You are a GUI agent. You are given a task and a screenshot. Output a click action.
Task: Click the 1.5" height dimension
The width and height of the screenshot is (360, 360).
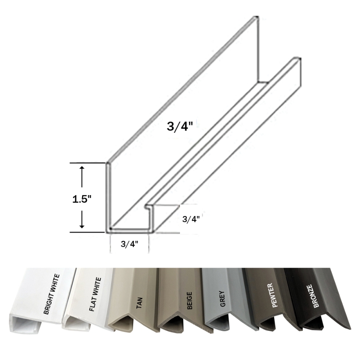pos(82,199)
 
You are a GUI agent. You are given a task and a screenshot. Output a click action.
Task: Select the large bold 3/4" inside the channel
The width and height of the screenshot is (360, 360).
pos(181,127)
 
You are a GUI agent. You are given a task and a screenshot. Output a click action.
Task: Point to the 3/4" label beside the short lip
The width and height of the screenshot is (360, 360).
pos(191,219)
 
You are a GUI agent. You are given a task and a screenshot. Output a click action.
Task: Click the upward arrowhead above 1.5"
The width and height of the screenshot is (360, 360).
pos(82,170)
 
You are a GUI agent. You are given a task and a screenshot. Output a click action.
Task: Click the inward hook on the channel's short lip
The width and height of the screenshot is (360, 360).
pos(148,207)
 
